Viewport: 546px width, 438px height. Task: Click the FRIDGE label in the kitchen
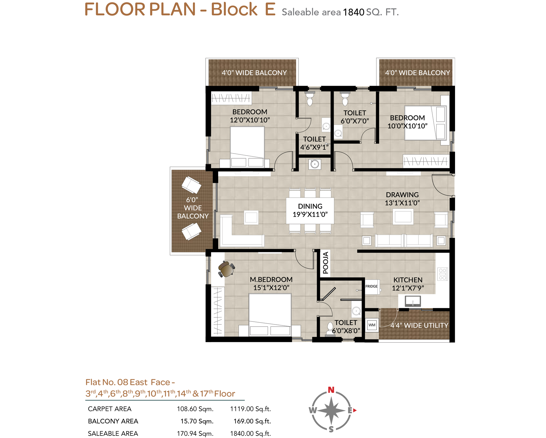click(371, 286)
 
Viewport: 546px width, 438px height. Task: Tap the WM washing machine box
click(372, 325)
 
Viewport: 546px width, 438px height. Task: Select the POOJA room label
click(326, 263)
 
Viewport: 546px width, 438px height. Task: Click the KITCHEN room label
click(408, 280)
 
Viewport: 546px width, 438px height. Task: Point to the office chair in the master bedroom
click(226, 269)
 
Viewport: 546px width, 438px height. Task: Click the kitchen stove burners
click(442, 274)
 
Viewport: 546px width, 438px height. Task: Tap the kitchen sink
click(413, 301)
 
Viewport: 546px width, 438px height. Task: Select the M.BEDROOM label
click(271, 279)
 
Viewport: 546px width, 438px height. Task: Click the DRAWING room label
click(402, 195)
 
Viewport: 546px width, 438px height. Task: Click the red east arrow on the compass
click(355, 410)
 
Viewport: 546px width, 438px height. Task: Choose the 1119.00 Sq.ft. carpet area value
click(250, 409)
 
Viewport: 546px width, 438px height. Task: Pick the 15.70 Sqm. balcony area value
click(197, 421)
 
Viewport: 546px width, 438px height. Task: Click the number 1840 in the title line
click(353, 12)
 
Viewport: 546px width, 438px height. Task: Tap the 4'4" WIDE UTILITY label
click(419, 325)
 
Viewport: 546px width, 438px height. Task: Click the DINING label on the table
click(310, 206)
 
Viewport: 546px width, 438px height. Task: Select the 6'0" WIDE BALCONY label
click(193, 208)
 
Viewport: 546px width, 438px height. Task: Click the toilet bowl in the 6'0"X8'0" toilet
click(330, 328)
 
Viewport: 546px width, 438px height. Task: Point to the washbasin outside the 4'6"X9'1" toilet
click(315, 164)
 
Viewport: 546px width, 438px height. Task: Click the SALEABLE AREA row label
click(113, 433)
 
